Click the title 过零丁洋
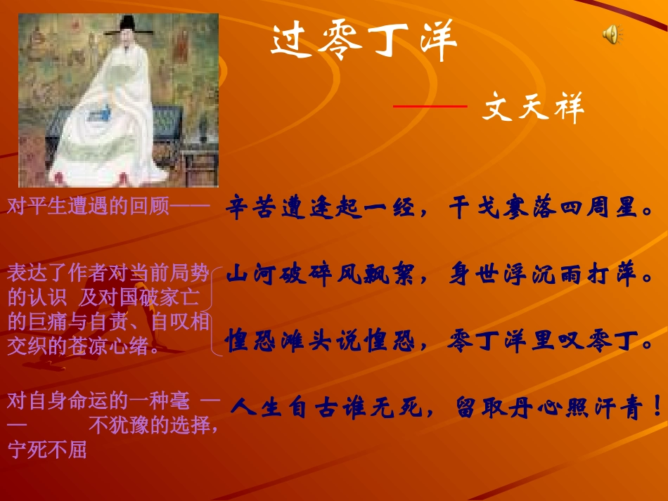point(364,43)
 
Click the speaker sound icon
point(612,34)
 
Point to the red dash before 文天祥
point(430,106)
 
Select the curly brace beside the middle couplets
point(218,309)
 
